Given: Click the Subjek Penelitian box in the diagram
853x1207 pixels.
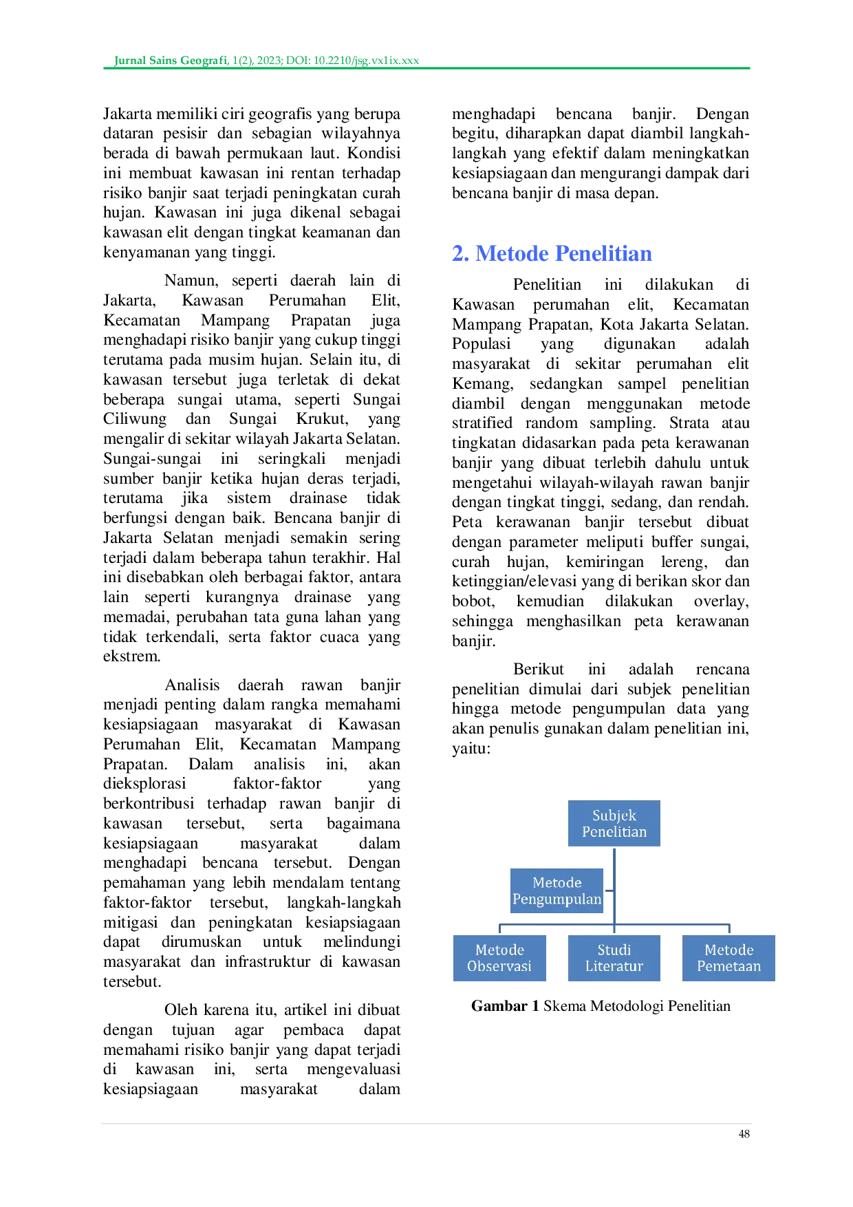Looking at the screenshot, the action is [x=614, y=823].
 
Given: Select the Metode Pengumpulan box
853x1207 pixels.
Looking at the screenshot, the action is [x=557, y=890].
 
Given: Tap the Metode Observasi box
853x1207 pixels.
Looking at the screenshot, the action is [x=499, y=958].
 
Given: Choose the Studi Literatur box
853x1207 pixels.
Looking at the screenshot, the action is [x=614, y=958].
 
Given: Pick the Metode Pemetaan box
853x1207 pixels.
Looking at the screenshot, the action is [x=728, y=958].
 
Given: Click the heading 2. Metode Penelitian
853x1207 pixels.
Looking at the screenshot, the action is [x=552, y=253].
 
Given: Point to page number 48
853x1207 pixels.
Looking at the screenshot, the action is [x=744, y=1134].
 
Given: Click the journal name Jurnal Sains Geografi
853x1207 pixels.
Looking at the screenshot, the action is [x=171, y=61].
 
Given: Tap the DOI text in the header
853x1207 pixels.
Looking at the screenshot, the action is [x=352, y=61].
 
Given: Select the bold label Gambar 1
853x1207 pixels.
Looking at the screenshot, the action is [x=505, y=1006].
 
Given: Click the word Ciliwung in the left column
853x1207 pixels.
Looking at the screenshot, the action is [x=135, y=419].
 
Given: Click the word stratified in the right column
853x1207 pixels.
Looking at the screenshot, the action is [x=482, y=423].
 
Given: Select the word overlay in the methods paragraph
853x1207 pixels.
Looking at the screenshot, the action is [x=721, y=601].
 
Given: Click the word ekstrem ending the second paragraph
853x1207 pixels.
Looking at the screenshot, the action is [x=132, y=656].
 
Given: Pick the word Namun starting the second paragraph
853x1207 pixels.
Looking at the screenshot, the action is [x=191, y=281].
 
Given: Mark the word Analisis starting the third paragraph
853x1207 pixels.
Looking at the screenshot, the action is [x=192, y=685].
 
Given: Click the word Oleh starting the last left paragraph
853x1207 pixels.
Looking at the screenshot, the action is [x=181, y=1010].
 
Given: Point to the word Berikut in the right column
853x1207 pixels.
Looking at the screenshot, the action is [x=539, y=670].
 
